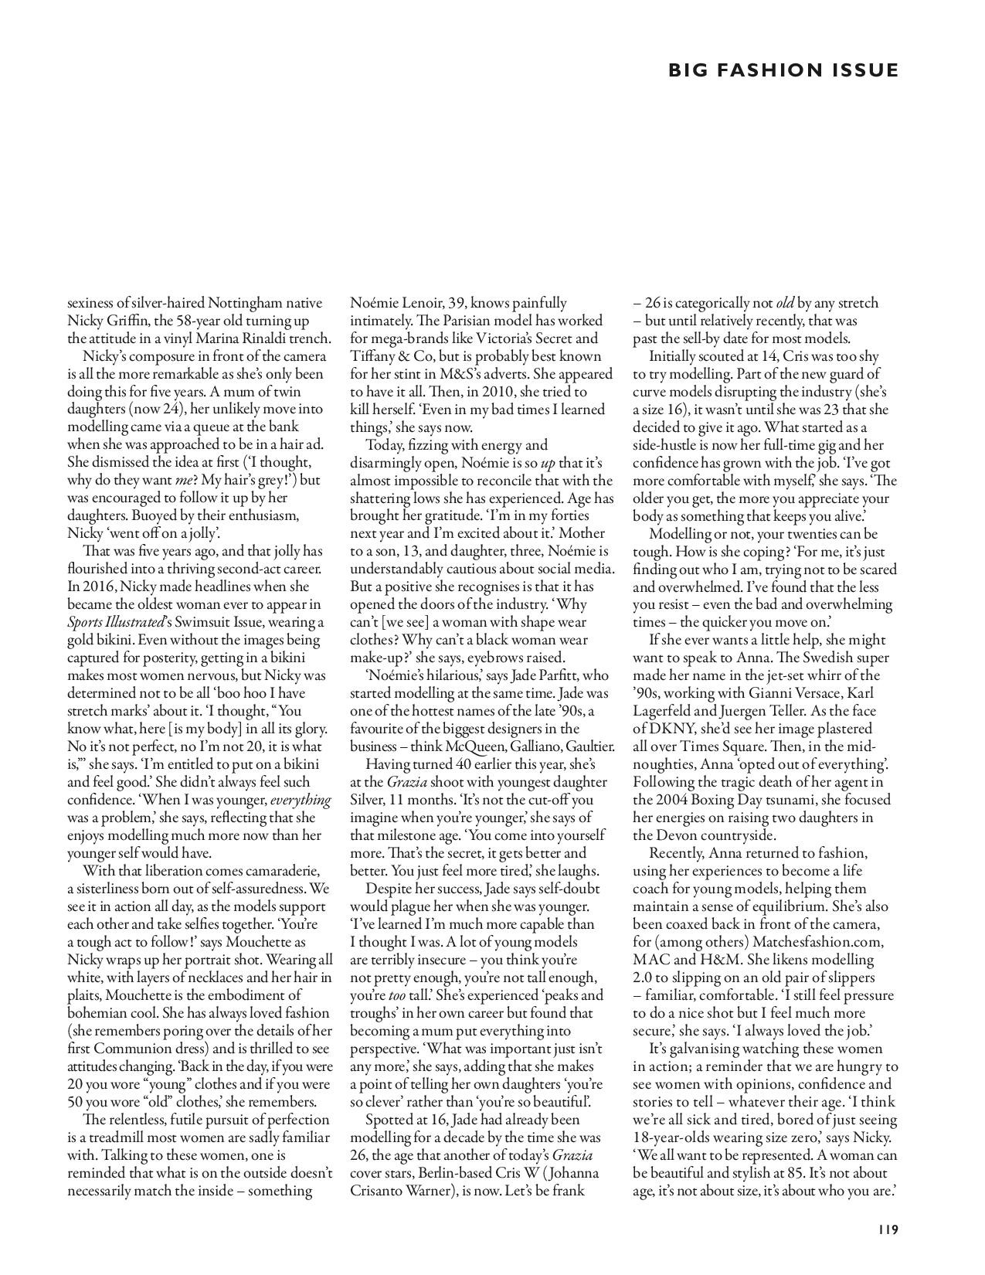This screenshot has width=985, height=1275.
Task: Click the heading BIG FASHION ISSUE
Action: click(783, 70)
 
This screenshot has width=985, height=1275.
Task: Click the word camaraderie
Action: click(275, 871)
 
